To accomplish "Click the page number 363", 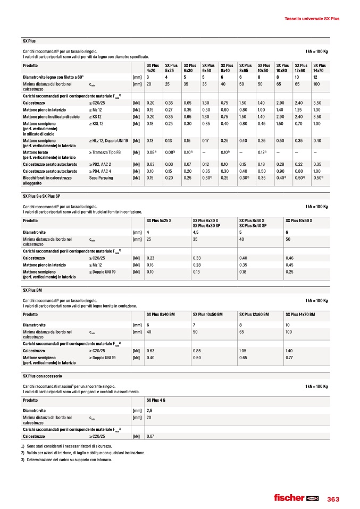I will (x=333, y=498).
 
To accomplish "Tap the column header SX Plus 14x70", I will (x=319, y=67).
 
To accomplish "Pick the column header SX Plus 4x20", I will (x=152, y=67).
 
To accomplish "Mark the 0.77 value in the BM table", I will (x=289, y=358).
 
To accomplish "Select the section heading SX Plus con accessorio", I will (x=41, y=376).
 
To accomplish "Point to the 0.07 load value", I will (x=150, y=436).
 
